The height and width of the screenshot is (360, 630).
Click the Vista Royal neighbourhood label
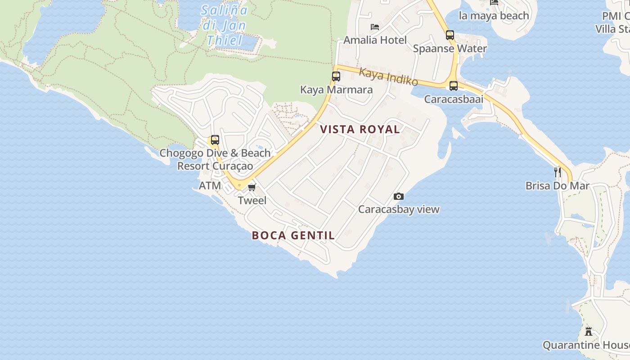(360, 130)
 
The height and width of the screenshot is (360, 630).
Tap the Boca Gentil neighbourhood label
(293, 235)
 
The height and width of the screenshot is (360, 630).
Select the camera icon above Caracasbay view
(398, 196)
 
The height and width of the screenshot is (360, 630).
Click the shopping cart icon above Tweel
(252, 187)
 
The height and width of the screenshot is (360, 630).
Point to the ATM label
(210, 185)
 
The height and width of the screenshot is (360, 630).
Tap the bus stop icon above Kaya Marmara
(336, 76)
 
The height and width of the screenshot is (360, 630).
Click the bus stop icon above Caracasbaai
(454, 85)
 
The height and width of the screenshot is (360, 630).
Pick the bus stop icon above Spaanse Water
(450, 35)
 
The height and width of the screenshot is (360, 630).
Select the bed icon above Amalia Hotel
(375, 27)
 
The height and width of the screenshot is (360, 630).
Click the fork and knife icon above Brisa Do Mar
(558, 172)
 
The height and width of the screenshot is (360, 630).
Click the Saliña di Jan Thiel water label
(224, 25)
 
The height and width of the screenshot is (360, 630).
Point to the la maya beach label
(494, 16)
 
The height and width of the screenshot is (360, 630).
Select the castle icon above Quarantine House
(588, 332)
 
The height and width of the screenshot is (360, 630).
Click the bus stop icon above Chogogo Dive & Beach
(215, 140)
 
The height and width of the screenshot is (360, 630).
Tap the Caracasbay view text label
(399, 209)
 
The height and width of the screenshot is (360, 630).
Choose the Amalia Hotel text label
(375, 40)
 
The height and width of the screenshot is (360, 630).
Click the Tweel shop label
(252, 201)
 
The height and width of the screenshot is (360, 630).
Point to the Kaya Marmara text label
(336, 90)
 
